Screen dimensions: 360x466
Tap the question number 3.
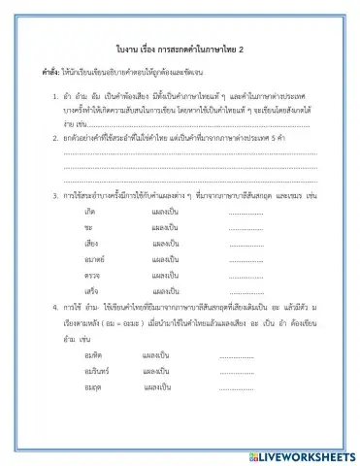tap(54, 196)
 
